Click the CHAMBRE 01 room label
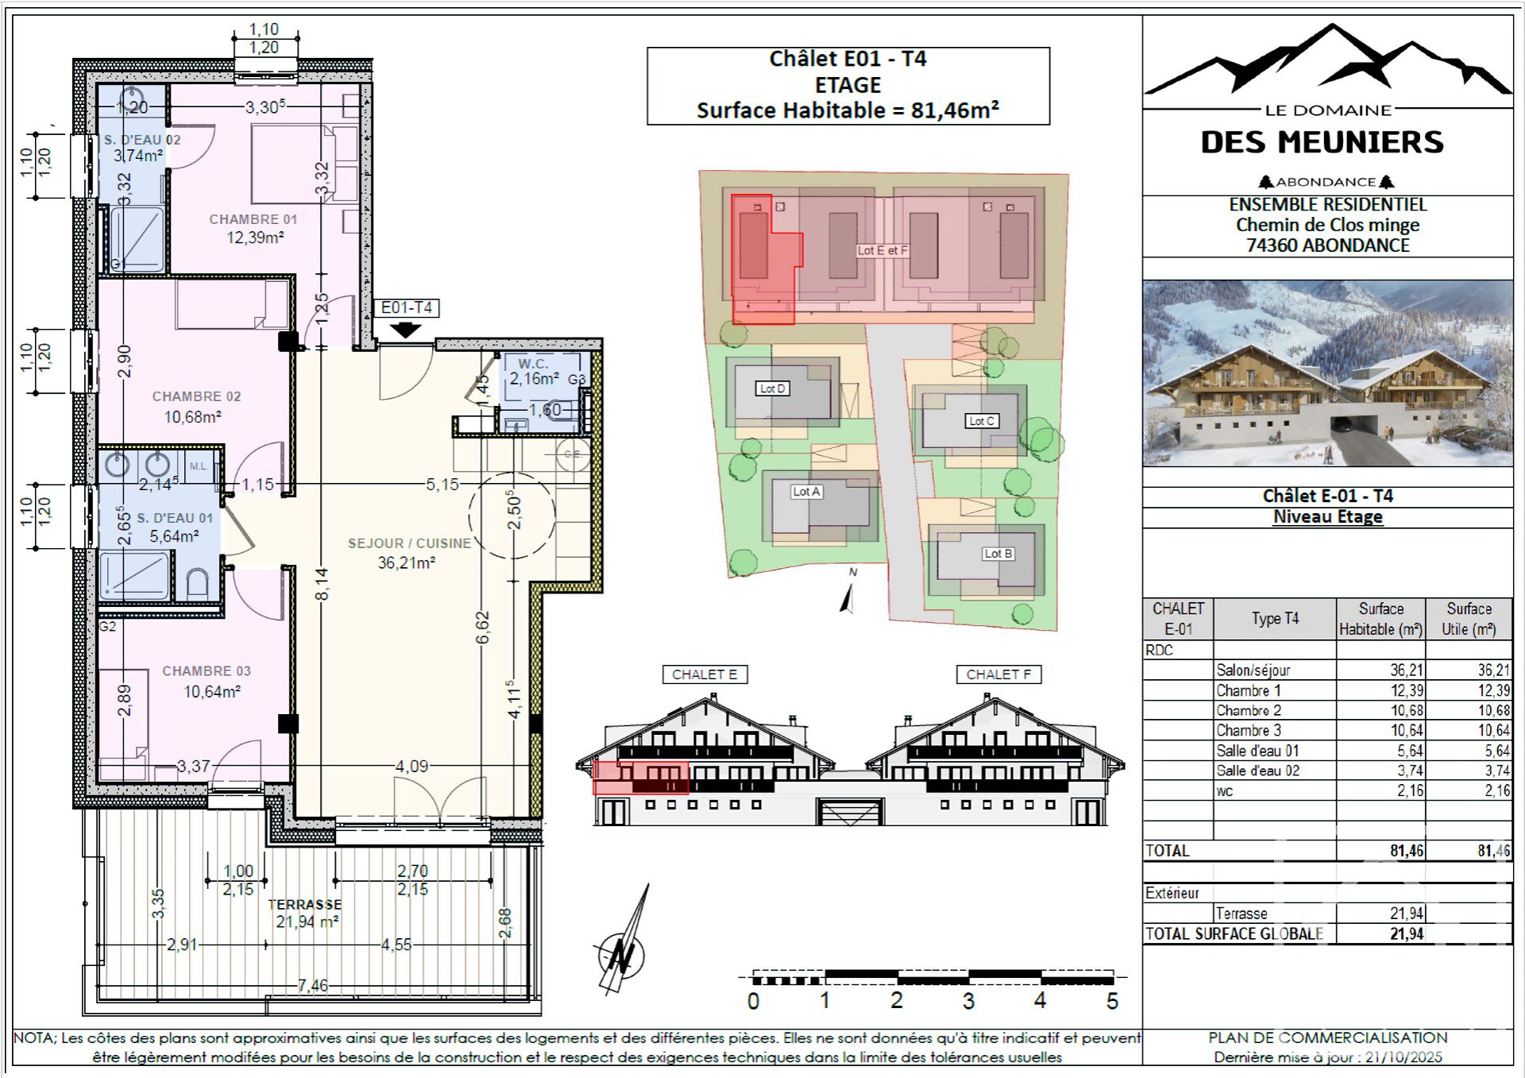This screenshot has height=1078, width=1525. [x=253, y=219]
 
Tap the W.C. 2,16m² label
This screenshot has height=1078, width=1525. [x=534, y=372]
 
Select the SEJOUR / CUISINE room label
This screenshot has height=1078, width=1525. [x=410, y=543]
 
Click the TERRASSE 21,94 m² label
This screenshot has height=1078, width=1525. [x=306, y=913]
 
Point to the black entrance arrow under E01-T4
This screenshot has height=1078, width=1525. [x=406, y=329]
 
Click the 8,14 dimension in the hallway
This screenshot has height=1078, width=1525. [x=322, y=584]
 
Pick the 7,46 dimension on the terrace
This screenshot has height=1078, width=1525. [x=313, y=985]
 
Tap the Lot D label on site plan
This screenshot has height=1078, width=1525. [x=772, y=388]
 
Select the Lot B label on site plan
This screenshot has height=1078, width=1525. [x=998, y=554]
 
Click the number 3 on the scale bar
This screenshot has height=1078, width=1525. [x=968, y=1001]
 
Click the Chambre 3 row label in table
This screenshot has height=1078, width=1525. [x=1249, y=731]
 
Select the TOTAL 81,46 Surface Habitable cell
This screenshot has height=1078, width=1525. [x=1406, y=851]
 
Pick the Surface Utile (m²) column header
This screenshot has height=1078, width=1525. [x=1469, y=619]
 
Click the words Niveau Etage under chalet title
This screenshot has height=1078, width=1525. [x=1327, y=517]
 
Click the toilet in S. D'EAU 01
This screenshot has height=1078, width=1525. [x=197, y=584]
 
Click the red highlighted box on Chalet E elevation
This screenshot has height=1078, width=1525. [x=640, y=778]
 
